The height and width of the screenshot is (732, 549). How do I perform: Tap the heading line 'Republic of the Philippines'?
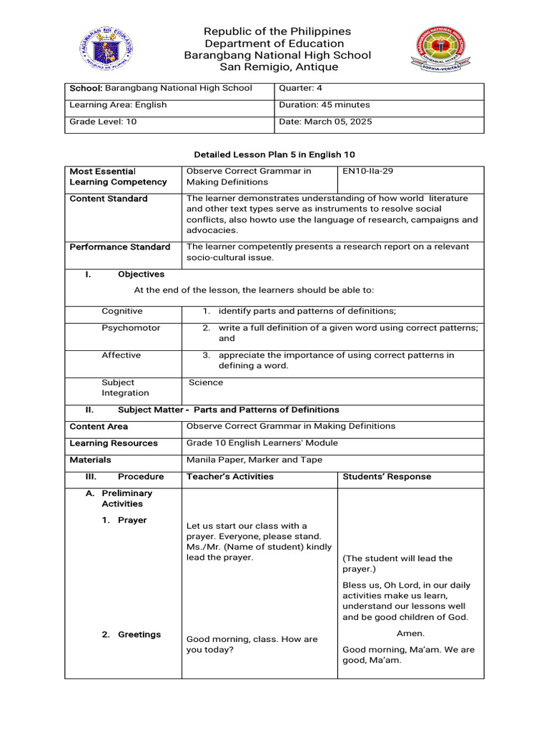[x=277, y=31]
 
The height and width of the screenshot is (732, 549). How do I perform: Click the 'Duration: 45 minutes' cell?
[x=324, y=105]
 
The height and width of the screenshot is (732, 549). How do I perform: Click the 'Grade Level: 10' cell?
[x=103, y=122]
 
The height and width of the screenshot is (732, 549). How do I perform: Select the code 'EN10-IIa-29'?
[x=368, y=172]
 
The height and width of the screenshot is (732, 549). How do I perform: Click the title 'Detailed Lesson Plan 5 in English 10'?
[x=274, y=154]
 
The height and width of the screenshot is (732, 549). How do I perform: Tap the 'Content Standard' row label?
[x=109, y=199]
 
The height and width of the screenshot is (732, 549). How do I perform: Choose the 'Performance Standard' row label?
[x=119, y=247]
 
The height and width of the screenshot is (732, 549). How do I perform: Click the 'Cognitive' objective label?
[x=122, y=311]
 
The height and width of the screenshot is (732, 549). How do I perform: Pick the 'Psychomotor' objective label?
[x=131, y=328]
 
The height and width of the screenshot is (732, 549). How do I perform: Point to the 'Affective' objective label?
[x=122, y=355]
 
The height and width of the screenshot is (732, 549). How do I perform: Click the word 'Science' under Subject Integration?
[x=206, y=382]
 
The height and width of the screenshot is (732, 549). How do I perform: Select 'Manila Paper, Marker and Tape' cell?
[x=254, y=460]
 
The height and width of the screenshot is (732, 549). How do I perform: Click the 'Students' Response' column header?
[x=387, y=477]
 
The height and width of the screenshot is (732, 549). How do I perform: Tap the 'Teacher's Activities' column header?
[x=229, y=477]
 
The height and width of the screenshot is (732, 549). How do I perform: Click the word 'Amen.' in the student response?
[x=410, y=633]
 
